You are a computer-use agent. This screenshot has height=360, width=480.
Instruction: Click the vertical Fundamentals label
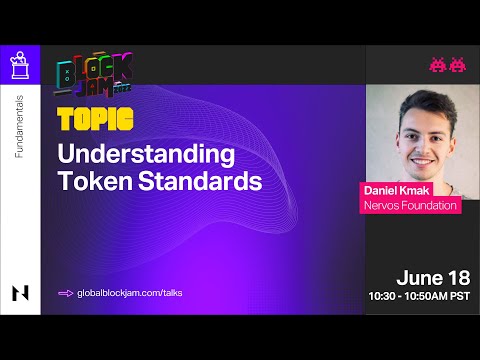[x=20, y=131]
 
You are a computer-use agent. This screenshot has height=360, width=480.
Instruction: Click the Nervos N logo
[x=20, y=292]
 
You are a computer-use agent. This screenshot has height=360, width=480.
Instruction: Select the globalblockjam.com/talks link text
[x=129, y=292]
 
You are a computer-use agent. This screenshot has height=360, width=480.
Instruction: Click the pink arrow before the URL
[x=66, y=292]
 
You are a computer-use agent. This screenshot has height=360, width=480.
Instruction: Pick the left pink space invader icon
[x=437, y=66]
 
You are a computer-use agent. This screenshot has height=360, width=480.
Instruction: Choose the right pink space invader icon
[x=457, y=66]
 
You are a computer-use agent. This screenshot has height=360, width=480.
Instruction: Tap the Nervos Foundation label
[x=410, y=206]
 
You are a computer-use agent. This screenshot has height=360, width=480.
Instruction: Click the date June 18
[x=434, y=277]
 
